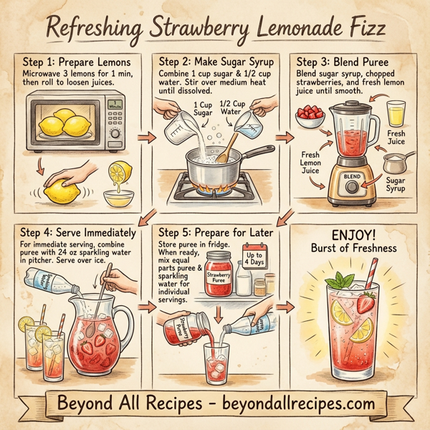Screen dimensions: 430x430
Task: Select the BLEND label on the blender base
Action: [x=352, y=175]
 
